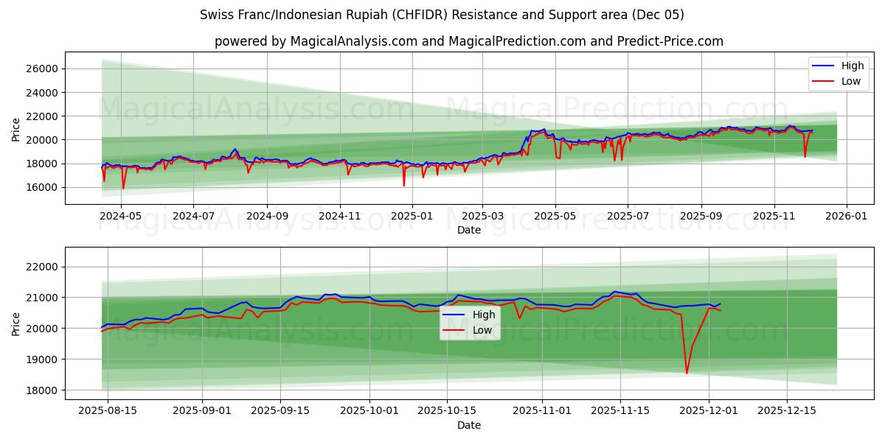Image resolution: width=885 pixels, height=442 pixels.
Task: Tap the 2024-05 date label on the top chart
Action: point(120,216)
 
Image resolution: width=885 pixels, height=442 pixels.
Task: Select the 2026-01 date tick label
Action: point(846,216)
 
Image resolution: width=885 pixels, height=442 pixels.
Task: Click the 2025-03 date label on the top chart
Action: point(483,216)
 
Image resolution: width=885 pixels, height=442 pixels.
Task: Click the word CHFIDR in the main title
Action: point(429,15)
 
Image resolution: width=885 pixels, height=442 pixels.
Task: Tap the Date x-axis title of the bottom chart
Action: point(469,425)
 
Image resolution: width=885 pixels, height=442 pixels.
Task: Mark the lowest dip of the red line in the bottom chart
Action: point(687,373)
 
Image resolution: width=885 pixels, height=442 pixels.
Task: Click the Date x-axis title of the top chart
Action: point(469,230)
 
